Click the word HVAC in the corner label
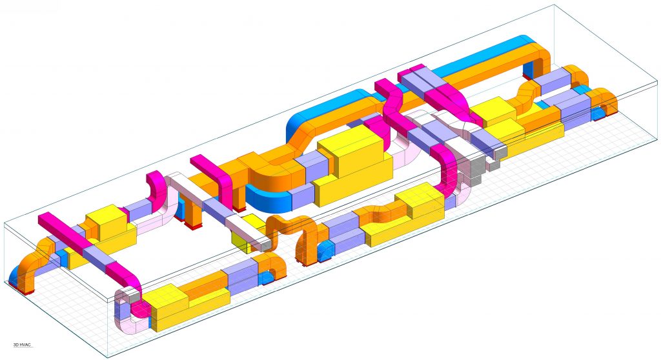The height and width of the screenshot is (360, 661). click(25, 345)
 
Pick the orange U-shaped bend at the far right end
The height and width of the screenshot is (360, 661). click(605, 101)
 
